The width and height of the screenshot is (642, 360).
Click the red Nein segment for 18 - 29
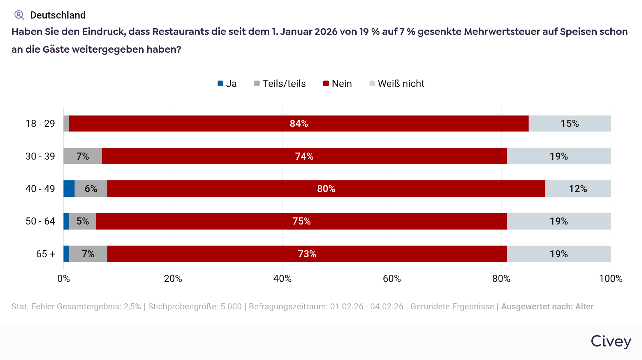[299, 124]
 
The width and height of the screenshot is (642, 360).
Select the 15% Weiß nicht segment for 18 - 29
[570, 124]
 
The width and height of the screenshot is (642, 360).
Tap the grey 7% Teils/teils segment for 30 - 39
[83, 156]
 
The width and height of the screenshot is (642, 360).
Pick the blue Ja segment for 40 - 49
[69, 189]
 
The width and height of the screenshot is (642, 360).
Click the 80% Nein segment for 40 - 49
[326, 189]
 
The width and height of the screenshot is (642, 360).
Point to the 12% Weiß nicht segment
[578, 189]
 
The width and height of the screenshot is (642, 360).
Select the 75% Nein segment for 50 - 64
[301, 221]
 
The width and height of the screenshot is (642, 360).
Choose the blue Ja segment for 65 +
[66, 254]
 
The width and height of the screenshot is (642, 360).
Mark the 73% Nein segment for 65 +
[307, 254]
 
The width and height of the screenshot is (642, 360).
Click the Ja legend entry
[227, 84]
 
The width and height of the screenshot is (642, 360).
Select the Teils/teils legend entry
[280, 84]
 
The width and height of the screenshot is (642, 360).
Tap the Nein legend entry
[337, 84]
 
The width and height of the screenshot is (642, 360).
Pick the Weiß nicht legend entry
[397, 84]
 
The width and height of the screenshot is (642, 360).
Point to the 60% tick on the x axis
[392, 279]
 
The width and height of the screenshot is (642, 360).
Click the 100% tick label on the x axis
[611, 279]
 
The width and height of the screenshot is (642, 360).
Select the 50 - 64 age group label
[40, 221]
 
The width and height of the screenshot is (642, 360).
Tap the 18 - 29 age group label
[40, 124]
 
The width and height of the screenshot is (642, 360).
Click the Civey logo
[611, 341]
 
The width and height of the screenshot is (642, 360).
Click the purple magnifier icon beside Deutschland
[19, 15]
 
